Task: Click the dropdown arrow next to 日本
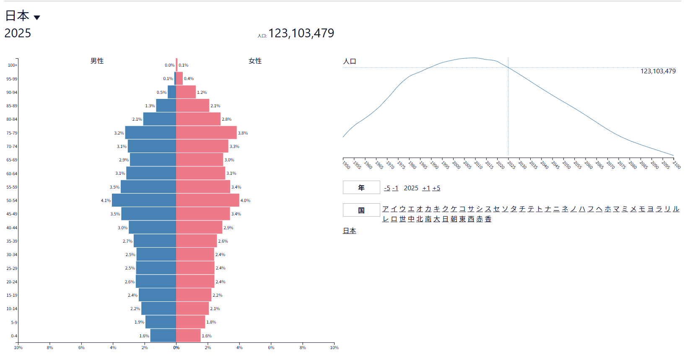(37, 18)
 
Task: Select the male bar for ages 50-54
(144, 200)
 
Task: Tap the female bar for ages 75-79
(206, 133)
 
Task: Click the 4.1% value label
(106, 201)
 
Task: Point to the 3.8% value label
(243, 133)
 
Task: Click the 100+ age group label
(13, 65)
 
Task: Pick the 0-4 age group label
(14, 336)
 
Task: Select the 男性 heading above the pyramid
(97, 61)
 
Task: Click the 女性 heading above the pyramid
(255, 61)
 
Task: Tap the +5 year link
(436, 188)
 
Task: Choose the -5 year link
(387, 188)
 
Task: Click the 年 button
(361, 188)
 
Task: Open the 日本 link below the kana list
(350, 231)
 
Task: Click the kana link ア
(386, 209)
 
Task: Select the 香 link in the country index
(488, 219)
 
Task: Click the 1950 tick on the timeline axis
(346, 164)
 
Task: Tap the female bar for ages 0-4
(188, 336)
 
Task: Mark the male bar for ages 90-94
(172, 92)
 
